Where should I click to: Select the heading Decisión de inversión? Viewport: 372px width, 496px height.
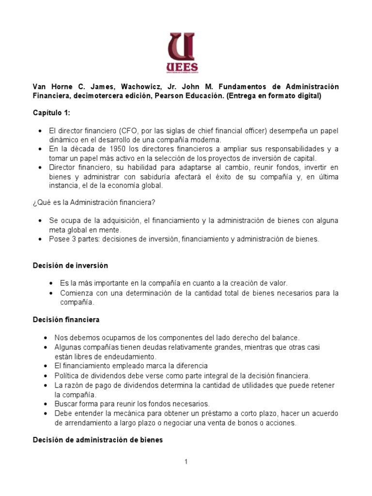[70, 266]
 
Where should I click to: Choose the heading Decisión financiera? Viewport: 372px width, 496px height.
[66, 320]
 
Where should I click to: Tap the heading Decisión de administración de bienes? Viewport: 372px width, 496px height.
[97, 440]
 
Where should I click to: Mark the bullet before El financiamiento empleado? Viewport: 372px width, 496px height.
[45, 366]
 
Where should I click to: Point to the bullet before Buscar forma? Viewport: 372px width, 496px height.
[45, 403]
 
